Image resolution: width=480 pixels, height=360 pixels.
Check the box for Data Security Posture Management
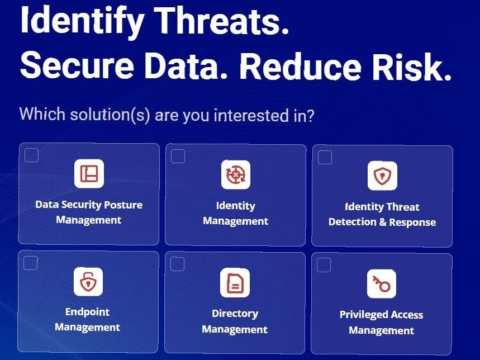(31, 155)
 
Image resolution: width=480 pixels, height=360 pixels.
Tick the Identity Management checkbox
(178, 156)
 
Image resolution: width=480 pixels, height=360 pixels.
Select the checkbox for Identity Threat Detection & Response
(325, 157)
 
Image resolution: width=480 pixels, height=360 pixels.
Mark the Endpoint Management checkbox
(31, 263)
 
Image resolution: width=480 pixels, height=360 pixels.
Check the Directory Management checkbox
(177, 264)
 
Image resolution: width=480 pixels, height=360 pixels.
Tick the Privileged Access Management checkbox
(324, 265)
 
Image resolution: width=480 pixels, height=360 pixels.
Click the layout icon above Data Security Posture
(89, 173)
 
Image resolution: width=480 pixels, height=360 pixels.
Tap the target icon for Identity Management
(236, 174)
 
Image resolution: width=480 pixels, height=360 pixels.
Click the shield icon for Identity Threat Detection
(382, 176)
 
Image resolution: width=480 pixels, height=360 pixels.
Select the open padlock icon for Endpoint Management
(88, 282)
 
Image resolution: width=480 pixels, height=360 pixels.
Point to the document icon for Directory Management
(235, 283)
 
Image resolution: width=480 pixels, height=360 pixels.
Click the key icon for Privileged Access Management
(382, 284)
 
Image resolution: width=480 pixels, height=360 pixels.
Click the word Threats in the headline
(221, 21)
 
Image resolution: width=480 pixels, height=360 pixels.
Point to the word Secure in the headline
(77, 65)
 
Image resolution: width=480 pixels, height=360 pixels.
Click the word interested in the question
(251, 115)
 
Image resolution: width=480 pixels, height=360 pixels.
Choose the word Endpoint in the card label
(87, 312)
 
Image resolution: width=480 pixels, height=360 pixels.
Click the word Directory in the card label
(235, 314)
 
